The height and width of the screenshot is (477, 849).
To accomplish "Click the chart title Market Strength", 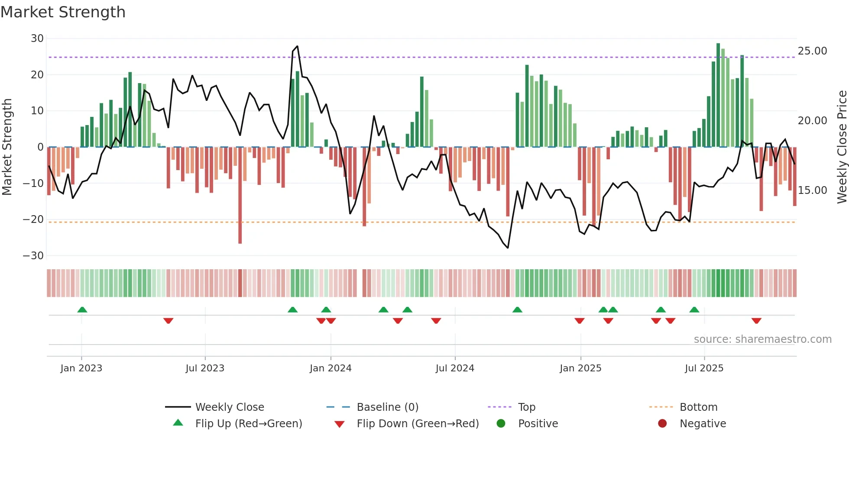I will [63, 12].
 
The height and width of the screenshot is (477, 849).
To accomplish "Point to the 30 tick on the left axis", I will [37, 39].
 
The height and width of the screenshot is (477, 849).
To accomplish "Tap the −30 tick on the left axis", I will [33, 256].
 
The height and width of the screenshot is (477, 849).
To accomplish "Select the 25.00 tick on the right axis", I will [812, 51].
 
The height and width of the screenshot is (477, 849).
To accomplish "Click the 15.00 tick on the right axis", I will [812, 190].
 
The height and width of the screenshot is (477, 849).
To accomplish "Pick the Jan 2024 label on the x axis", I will [331, 368].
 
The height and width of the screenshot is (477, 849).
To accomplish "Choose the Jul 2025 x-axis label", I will [704, 368].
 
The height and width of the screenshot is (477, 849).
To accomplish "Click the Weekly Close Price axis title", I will [842, 147].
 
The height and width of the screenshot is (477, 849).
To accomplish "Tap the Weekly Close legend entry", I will [229, 407].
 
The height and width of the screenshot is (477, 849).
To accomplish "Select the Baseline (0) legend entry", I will [387, 407].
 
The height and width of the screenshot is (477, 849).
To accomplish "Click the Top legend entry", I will [526, 407].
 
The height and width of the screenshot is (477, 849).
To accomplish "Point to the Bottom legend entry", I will [698, 407].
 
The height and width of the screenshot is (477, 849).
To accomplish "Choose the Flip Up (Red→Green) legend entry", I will [248, 424].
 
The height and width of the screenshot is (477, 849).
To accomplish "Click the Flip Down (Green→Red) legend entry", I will [418, 424].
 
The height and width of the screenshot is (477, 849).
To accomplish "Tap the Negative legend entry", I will [702, 424].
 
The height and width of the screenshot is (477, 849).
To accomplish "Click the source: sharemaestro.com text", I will [762, 339].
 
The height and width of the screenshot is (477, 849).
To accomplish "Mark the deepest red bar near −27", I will [240, 195].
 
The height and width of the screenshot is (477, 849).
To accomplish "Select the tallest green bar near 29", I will [718, 95].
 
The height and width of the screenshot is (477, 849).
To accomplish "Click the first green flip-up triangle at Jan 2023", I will [82, 309].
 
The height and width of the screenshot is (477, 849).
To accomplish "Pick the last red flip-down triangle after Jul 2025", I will [756, 321].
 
